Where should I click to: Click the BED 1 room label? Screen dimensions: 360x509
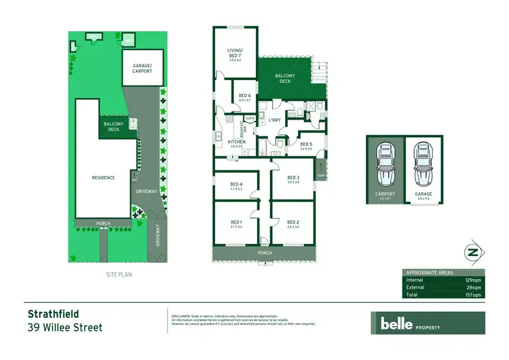236,222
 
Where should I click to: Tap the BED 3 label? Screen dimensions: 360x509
293,178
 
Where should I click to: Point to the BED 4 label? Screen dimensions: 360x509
236,184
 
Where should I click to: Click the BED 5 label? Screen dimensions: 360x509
306,144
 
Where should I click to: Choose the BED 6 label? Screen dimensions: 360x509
245,95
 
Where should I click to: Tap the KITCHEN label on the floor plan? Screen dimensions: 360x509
227,142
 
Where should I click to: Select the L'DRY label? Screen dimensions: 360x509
274,120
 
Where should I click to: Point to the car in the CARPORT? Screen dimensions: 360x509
385,166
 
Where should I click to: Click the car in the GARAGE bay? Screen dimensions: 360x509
422,166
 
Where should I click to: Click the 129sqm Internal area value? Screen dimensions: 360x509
473,280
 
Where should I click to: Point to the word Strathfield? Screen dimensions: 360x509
53,314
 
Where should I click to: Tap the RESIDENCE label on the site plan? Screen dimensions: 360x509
103,178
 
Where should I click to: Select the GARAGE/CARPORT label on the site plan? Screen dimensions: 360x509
143,67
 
